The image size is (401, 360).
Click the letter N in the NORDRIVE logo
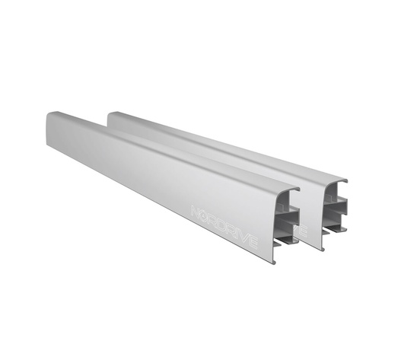[x=196, y=211]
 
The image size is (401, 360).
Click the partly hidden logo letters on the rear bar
[x=303, y=231]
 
